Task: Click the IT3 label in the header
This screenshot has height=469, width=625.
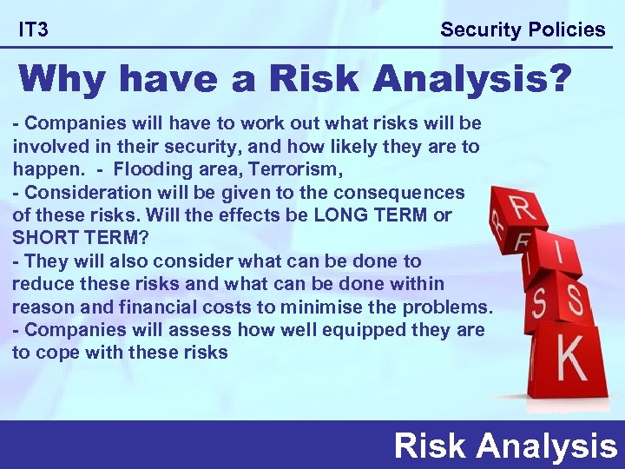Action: tap(34, 30)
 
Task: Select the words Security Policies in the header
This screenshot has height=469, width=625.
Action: tap(523, 30)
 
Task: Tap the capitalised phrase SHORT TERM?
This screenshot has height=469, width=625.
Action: tap(68, 237)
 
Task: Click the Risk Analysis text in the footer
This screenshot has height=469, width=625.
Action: tap(505, 446)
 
